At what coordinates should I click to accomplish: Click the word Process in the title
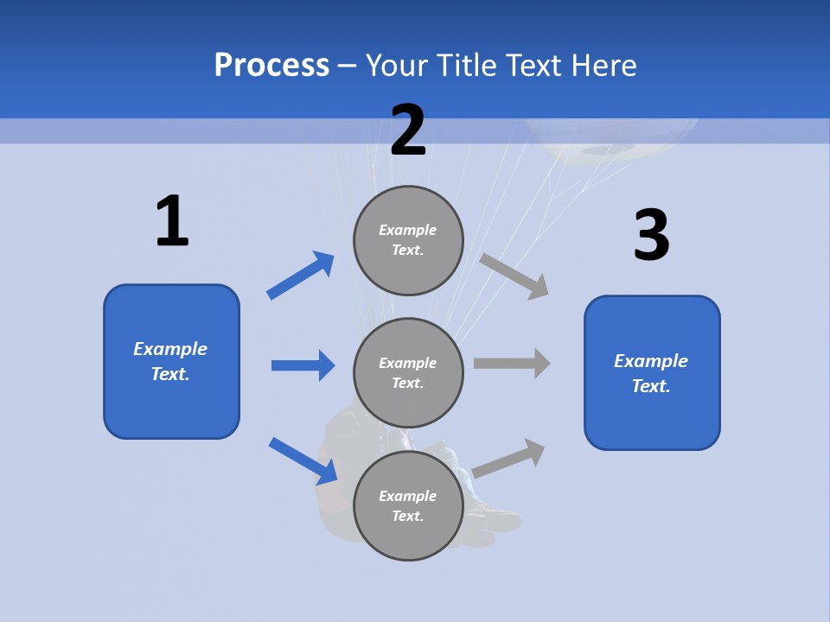click(x=271, y=65)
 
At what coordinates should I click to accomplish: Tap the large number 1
click(x=172, y=221)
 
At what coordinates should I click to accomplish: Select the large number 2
click(x=408, y=130)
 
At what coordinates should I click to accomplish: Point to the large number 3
click(x=651, y=235)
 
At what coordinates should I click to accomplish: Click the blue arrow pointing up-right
click(x=301, y=276)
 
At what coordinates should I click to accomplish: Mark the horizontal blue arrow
click(x=303, y=365)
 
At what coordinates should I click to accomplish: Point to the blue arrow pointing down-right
click(x=303, y=460)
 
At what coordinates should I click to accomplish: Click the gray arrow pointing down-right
click(x=514, y=276)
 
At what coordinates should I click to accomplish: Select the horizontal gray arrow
click(x=512, y=364)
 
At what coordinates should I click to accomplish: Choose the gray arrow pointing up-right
click(x=509, y=458)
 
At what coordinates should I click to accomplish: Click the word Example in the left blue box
click(x=170, y=349)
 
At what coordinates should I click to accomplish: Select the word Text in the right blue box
click(x=651, y=386)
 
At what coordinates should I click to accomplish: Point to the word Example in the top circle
click(x=408, y=230)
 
